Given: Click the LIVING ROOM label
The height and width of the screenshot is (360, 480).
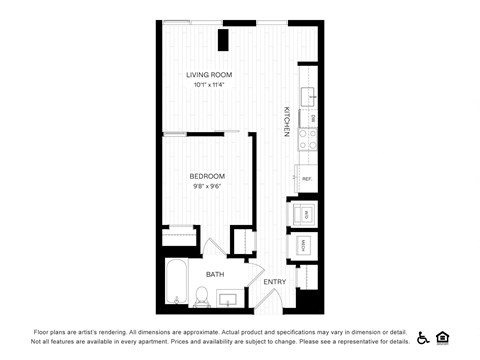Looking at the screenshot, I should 209,75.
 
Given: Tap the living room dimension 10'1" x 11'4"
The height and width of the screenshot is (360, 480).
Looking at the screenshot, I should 209,85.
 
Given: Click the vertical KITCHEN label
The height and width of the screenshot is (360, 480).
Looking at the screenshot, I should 286,121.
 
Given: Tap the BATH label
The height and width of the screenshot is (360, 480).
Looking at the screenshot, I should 215,273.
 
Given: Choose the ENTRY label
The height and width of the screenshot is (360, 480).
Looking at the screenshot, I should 275,282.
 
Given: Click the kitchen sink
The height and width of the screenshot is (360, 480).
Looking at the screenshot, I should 309,96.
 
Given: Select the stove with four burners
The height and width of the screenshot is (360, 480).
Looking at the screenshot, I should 308,139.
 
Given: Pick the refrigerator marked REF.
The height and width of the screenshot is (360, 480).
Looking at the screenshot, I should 307,178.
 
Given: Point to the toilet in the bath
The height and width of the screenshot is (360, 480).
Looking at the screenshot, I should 200,296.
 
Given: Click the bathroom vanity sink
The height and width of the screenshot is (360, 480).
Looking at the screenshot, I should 227,298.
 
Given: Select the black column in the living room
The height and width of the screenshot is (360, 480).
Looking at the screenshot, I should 225,39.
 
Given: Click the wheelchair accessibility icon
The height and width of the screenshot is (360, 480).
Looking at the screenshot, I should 423,337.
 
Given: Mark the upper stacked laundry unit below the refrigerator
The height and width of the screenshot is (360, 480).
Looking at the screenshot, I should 302,213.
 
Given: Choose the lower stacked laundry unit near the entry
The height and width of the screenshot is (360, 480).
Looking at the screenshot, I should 302,245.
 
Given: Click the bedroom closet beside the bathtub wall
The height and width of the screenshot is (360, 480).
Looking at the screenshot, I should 180,238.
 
